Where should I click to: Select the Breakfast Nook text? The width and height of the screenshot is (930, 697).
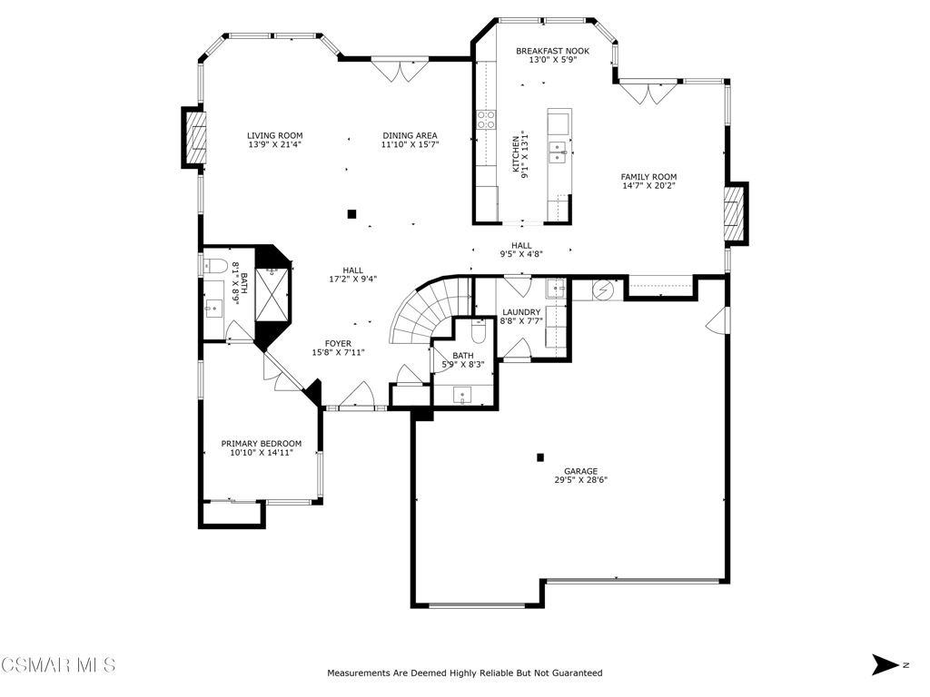click(553, 51)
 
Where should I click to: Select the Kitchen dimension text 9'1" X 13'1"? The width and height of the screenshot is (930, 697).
click(524, 154)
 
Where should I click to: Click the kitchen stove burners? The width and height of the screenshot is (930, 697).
click(487, 120)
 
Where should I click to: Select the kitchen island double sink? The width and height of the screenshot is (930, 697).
click(559, 152)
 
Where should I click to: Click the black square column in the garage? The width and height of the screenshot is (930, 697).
click(540, 457)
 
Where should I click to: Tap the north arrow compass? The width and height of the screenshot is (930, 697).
click(886, 664)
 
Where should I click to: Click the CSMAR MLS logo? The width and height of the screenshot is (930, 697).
click(57, 664)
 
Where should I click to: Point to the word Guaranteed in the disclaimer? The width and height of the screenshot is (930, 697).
click(578, 673)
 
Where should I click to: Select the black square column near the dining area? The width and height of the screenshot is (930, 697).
click(351, 214)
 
